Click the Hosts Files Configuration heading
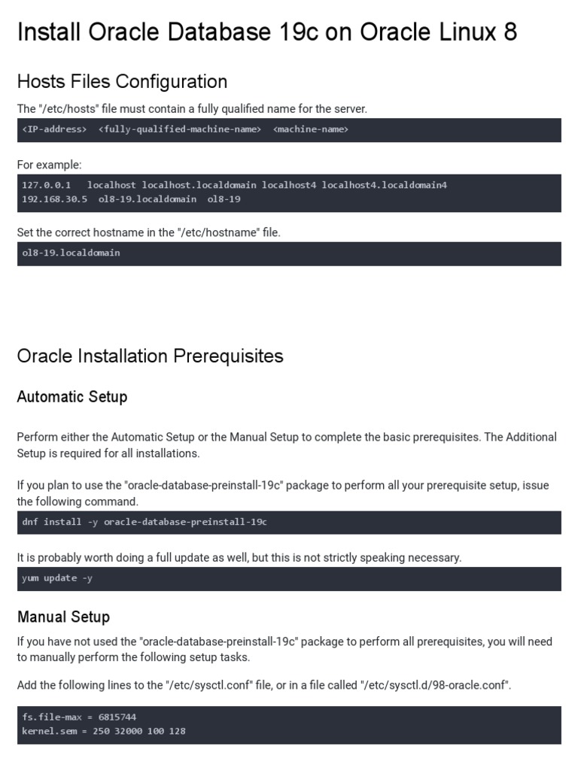click(x=122, y=81)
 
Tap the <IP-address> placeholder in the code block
click(x=54, y=129)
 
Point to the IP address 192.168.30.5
click(x=54, y=199)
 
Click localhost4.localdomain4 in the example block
click(x=385, y=185)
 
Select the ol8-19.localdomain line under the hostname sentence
click(x=71, y=253)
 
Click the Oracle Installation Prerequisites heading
click(x=150, y=356)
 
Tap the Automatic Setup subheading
click(x=72, y=396)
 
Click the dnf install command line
click(x=144, y=522)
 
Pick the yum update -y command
click(x=57, y=578)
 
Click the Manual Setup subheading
click(x=63, y=617)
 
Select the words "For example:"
click(x=49, y=165)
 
